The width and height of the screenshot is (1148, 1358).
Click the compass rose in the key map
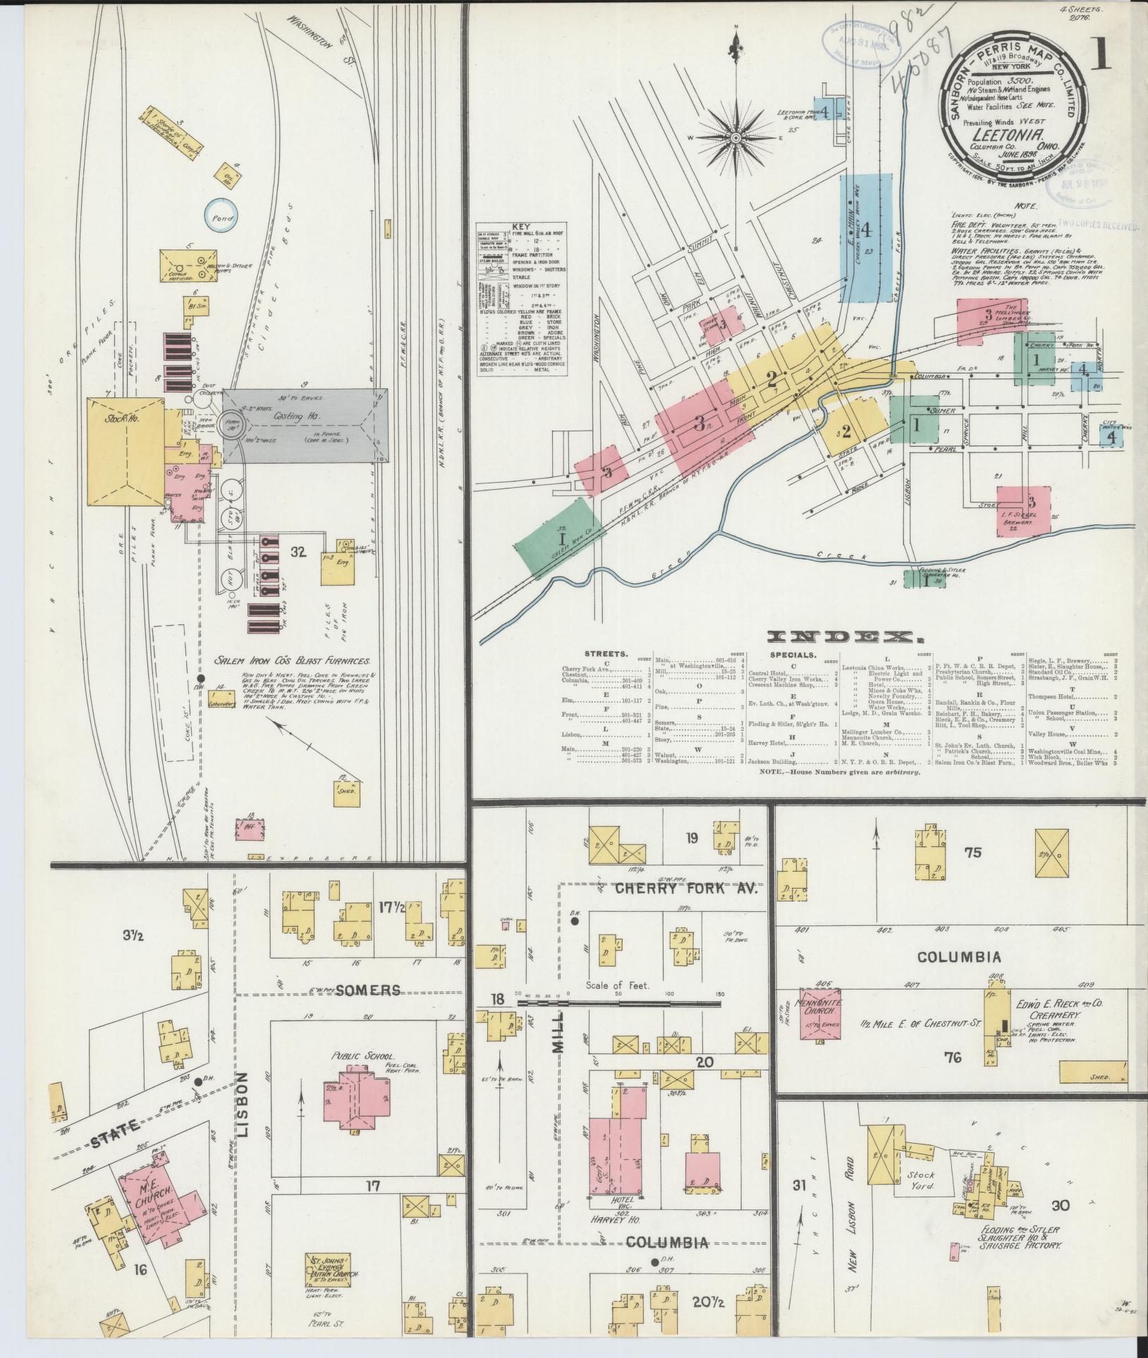(x=734, y=137)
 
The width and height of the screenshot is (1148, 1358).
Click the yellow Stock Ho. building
(x=124, y=451)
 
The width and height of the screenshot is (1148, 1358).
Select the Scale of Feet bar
(x=621, y=1001)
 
